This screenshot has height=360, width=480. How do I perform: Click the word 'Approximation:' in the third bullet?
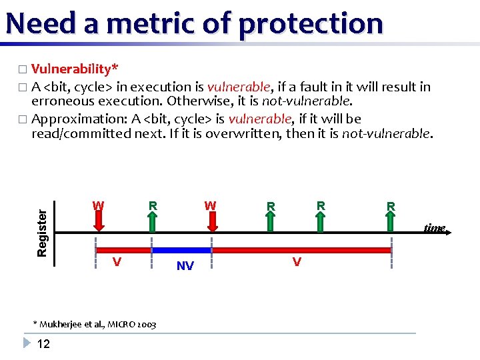click(79, 119)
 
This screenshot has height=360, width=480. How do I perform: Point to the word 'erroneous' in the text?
click(63, 101)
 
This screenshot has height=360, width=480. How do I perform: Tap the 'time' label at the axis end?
click(434, 229)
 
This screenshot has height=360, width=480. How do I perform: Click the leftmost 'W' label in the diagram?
click(98, 205)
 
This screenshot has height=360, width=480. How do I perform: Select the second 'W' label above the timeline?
click(210, 205)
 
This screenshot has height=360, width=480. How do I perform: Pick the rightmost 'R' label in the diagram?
click(391, 207)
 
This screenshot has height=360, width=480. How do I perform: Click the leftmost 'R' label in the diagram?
click(153, 205)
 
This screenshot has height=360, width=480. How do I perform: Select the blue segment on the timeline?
click(181, 250)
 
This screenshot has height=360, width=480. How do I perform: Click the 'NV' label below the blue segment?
click(185, 267)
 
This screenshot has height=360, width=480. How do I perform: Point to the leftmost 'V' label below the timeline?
click(117, 262)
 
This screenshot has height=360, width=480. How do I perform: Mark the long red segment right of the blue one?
click(300, 250)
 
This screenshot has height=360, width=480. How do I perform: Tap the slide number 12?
click(43, 344)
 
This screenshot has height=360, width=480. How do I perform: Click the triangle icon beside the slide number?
click(27, 343)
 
